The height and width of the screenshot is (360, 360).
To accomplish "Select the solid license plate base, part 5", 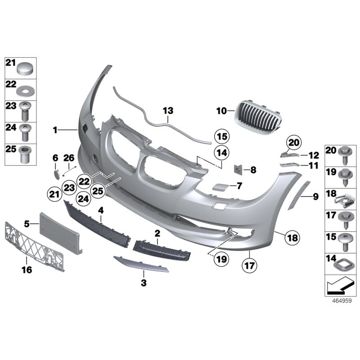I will coord(60,231).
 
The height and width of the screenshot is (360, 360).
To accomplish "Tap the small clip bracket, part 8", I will coord(238,170).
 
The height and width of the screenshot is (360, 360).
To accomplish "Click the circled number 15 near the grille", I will coord(221,136).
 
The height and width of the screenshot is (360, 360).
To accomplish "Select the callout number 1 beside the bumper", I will coord(55,130).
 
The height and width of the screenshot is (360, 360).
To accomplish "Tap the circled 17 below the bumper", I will coord(249,265).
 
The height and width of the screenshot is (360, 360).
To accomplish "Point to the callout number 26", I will coord(68,158).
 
